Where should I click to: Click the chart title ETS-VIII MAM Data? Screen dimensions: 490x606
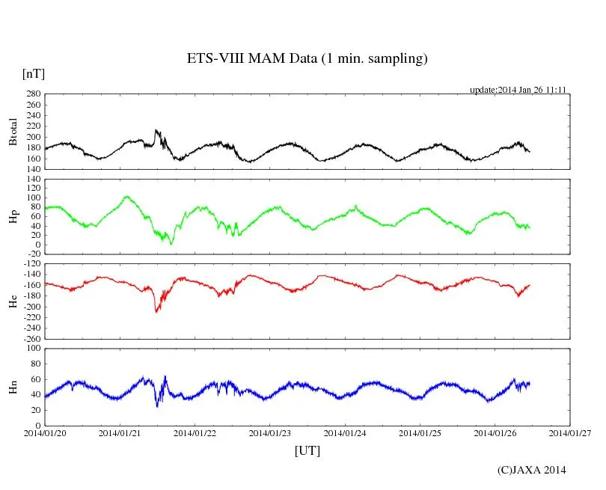tap(307, 59)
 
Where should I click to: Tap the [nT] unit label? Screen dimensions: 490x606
tap(34, 73)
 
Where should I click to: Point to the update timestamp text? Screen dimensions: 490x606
tap(517, 89)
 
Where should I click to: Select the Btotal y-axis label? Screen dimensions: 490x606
tap(13, 131)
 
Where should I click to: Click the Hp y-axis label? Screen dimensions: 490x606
tap(13, 216)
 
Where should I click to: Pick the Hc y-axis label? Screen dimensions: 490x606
tap(13, 301)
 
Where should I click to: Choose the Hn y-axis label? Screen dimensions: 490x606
tap(13, 387)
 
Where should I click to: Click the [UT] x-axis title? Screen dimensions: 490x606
tap(307, 450)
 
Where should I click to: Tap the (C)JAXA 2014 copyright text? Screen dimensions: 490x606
tap(532, 470)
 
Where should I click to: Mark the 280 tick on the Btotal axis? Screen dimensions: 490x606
tap(31, 94)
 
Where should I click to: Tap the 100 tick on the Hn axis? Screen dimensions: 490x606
tap(31, 349)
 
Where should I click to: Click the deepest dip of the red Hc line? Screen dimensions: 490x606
tap(156, 311)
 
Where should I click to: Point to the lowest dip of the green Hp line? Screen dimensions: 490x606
tap(171, 244)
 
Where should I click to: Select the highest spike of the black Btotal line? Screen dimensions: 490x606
tap(156, 130)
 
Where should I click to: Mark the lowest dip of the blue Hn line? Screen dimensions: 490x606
tap(157, 406)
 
